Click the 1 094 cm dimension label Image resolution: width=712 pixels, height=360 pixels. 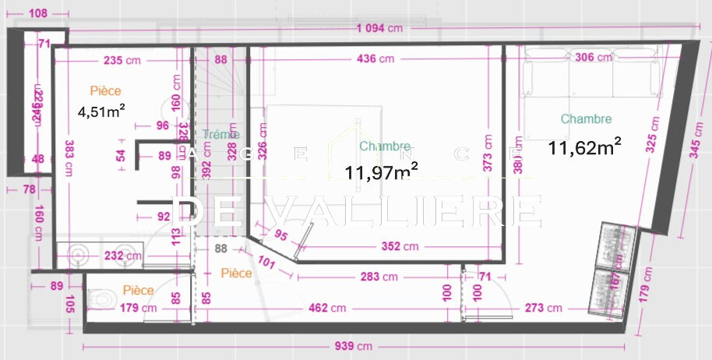click(x=379, y=29)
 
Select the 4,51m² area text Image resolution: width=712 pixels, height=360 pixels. click(x=102, y=111)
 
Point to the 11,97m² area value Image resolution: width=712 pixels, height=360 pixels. click(x=381, y=171)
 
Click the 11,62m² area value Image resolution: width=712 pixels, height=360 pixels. click(x=584, y=145)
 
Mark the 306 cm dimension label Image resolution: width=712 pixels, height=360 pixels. click(x=592, y=57)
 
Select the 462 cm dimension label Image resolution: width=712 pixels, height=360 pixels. click(x=328, y=308)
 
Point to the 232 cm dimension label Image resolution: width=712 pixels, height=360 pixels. click(x=123, y=255)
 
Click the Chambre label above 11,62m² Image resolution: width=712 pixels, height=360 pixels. click(x=586, y=119)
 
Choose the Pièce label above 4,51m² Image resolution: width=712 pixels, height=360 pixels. click(x=105, y=91)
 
